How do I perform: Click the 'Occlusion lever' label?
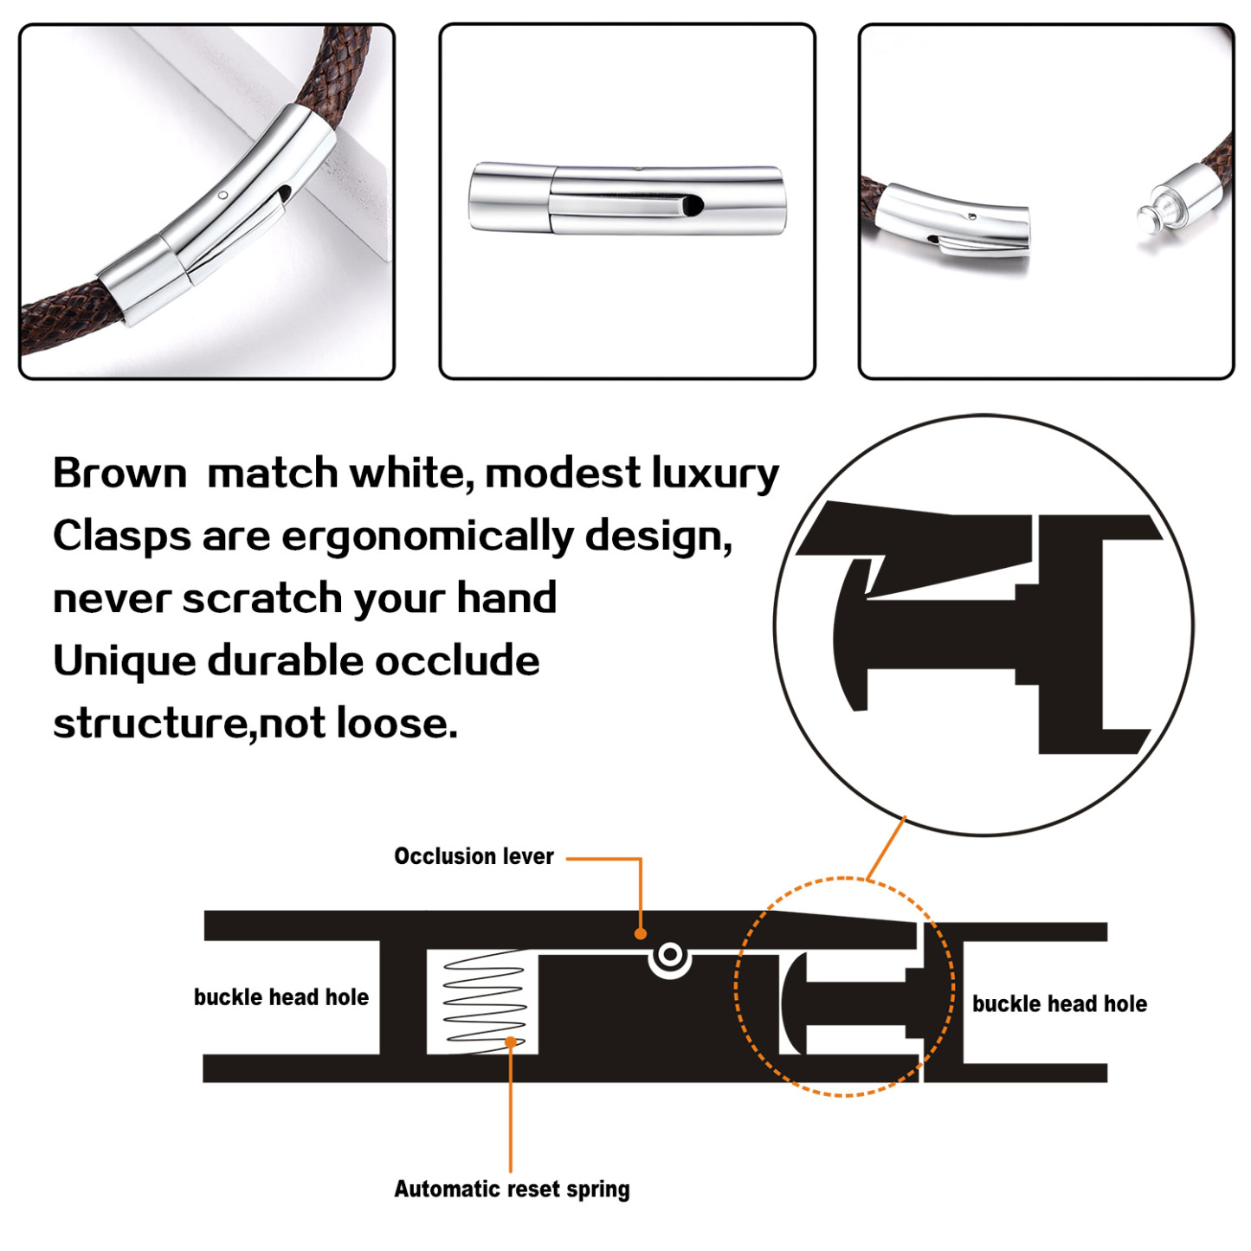[x=474, y=856]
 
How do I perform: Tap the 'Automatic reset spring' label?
[x=512, y=1189]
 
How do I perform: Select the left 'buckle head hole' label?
[x=281, y=997]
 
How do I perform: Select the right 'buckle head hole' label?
[x=1059, y=1004]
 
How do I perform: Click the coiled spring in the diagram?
[x=484, y=1000]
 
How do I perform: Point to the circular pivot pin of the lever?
[x=669, y=956]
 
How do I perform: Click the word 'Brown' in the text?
[x=119, y=474]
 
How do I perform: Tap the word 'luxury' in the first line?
[x=714, y=474]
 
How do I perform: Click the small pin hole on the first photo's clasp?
[x=223, y=195]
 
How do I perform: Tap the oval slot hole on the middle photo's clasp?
[x=693, y=205]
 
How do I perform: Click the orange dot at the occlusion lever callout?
[x=641, y=933]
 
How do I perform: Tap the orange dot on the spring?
[x=511, y=1041]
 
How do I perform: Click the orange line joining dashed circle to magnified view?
[x=886, y=848]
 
